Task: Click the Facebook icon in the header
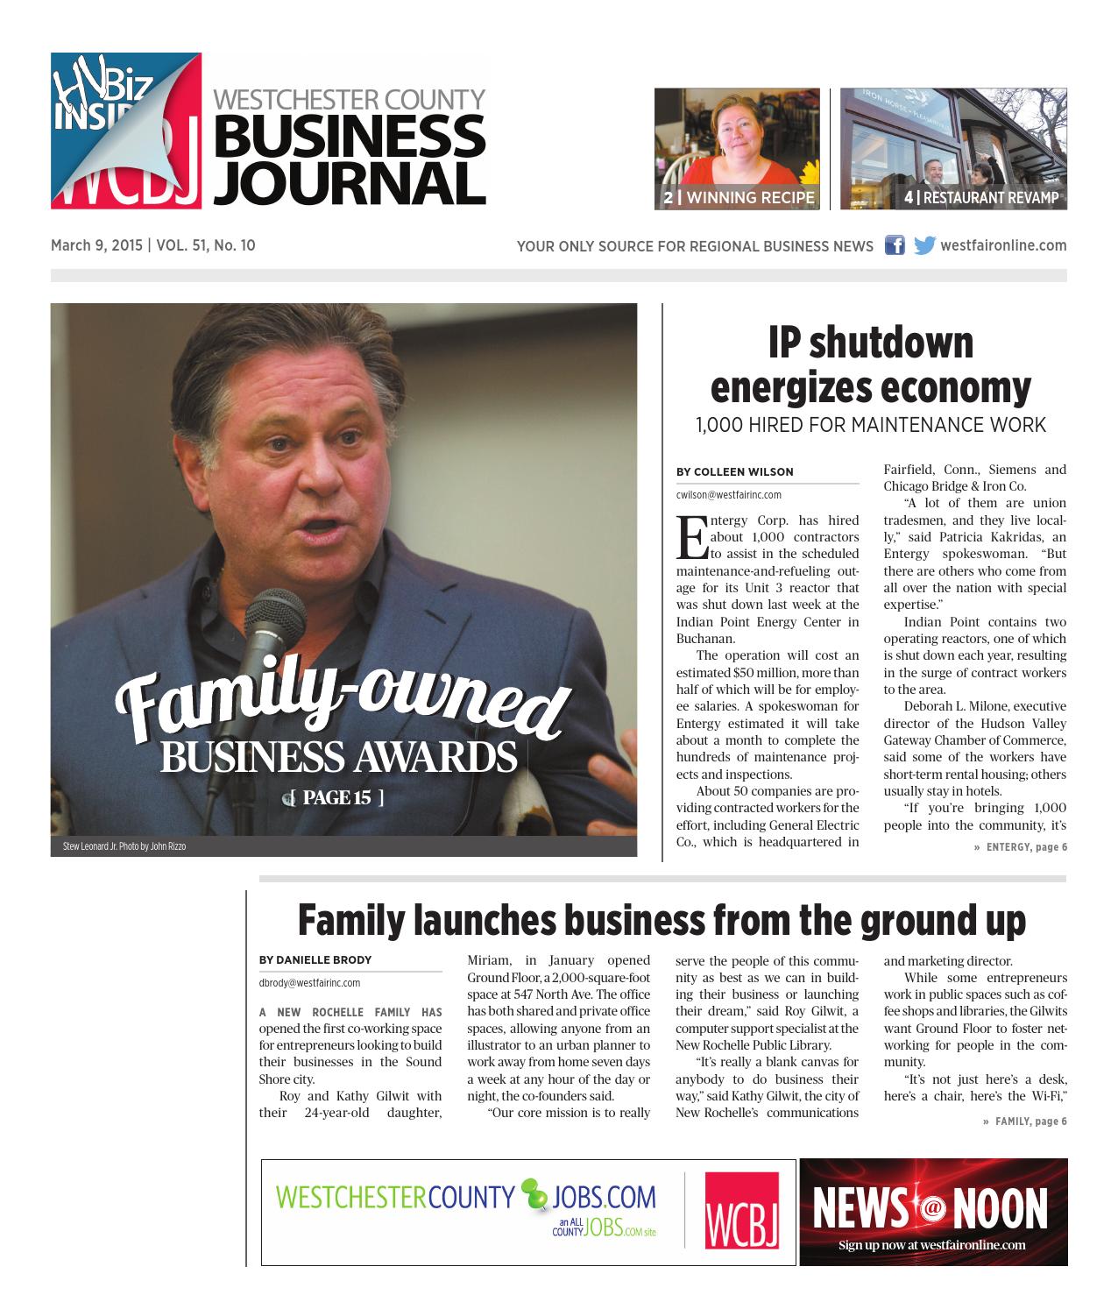point(894,245)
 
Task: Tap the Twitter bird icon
point(923,245)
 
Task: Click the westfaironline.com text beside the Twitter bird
point(1003,245)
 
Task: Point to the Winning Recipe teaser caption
point(739,198)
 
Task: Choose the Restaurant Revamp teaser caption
point(981,198)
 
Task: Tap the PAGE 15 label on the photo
point(336,797)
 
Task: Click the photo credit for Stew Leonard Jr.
point(124,846)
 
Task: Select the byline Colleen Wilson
point(734,471)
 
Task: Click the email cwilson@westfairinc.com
point(729,494)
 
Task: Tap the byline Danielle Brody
point(315,959)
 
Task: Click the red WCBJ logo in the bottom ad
point(742,1211)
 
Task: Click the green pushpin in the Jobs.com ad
point(533,1192)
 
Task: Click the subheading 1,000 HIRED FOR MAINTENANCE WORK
point(871,425)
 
